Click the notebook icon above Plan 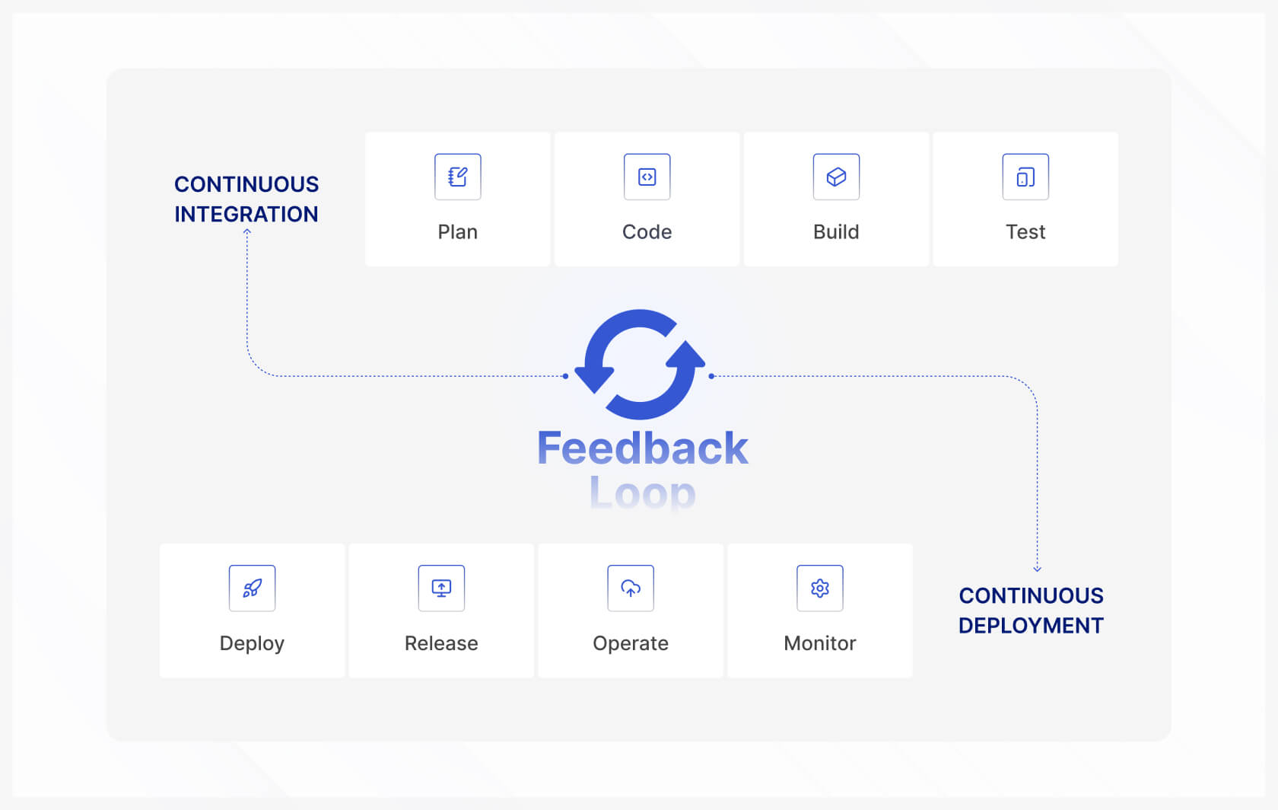[457, 177]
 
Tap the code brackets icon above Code [647, 177]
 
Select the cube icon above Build [836, 177]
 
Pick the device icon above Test [1025, 177]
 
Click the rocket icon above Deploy [252, 588]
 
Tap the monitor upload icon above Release [441, 588]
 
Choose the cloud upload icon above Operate [631, 588]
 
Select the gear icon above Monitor [820, 588]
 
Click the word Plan [457, 232]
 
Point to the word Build [836, 232]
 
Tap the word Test [1025, 232]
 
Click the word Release [441, 643]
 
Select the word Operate [631, 643]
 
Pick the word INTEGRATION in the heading [246, 215]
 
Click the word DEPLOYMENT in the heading [1031, 626]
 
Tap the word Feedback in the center [643, 448]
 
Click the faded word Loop [643, 493]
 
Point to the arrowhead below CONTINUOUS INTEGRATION [247, 232]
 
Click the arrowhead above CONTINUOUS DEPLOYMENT [1037, 568]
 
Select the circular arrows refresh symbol [640, 365]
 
